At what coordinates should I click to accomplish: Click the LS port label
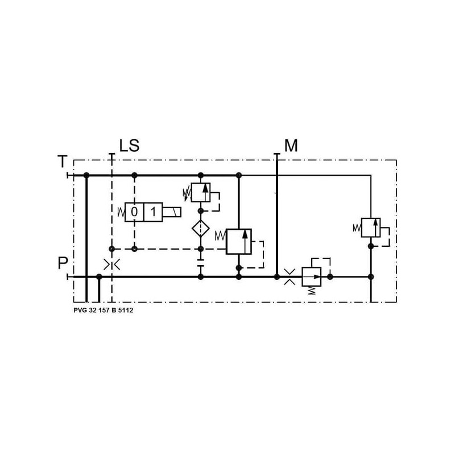[130, 146]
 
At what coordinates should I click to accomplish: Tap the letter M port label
[291, 146]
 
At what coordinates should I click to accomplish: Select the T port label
[63, 162]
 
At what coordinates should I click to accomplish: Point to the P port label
[63, 263]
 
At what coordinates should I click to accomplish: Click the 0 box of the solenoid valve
[134, 212]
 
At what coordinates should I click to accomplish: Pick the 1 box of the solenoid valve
[153, 212]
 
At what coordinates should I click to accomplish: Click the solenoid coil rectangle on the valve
[172, 212]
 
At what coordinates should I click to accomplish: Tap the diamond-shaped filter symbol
[201, 228]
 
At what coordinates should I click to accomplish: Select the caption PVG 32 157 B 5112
[104, 310]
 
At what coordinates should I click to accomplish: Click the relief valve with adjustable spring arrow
[201, 192]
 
